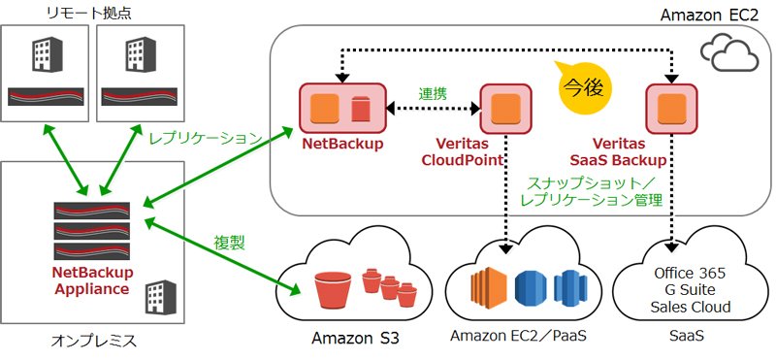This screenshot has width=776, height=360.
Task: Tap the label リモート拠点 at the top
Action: pos(89,13)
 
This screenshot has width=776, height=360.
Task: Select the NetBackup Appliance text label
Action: pos(92,280)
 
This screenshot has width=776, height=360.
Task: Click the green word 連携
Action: pos(433,93)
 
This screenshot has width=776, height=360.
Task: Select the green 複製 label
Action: pos(230,243)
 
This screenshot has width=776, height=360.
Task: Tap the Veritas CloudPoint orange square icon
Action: pos(505,108)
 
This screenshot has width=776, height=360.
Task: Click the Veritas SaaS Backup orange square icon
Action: pos(671,108)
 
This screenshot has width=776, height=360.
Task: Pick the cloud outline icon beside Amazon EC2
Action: pos(729,52)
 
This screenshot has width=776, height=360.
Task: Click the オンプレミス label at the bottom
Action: pos(94,341)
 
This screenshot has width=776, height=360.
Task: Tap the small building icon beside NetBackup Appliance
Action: pos(160,297)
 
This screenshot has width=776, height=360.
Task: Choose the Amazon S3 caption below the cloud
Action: pos(355,339)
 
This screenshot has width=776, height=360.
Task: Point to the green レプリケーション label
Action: pos(206,139)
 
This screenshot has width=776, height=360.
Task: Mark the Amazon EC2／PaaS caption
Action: pos(518,336)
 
